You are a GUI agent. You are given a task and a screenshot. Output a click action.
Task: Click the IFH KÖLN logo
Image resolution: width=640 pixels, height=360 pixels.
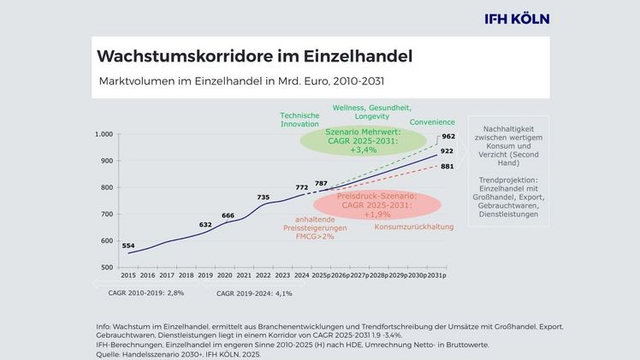click(x=516, y=18)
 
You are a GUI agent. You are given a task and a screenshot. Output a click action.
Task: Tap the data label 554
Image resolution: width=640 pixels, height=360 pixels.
click(x=127, y=245)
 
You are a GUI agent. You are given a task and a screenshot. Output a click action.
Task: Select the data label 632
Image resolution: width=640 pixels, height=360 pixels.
click(x=205, y=225)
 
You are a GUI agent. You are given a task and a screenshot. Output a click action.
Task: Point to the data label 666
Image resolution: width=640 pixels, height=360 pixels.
click(x=228, y=215)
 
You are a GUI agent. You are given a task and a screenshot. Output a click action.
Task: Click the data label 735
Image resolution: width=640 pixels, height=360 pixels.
click(x=263, y=198)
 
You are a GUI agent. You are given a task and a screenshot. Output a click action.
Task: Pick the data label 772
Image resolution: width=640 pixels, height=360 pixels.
click(x=301, y=186)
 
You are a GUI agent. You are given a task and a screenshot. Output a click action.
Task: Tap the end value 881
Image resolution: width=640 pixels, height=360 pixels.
click(x=447, y=167)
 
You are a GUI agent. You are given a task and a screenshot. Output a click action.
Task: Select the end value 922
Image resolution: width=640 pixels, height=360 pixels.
click(x=447, y=151)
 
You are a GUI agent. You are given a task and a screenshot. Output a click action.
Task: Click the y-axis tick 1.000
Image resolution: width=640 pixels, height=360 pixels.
click(x=104, y=134)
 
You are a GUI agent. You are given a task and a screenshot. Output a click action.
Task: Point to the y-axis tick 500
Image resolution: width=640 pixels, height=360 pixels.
click(x=107, y=268)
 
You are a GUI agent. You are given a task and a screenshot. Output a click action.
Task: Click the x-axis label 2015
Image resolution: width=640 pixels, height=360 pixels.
click(x=128, y=276)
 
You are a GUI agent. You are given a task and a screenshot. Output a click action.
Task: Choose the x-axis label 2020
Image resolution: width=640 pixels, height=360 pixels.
click(x=224, y=276)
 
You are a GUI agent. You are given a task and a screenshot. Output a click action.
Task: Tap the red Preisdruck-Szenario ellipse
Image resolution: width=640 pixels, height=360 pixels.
click(x=376, y=205)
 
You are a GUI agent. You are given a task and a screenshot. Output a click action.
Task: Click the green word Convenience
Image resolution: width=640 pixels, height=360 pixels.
click(x=431, y=122)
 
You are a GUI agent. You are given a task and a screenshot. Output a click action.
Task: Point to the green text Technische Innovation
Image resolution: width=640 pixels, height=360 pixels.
click(x=299, y=120)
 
